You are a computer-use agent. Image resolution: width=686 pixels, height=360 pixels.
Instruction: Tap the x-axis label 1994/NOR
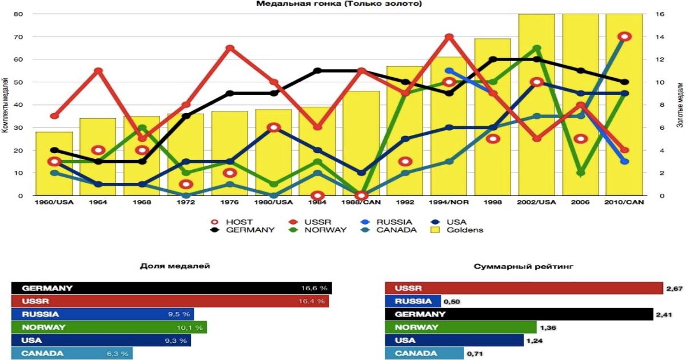449,202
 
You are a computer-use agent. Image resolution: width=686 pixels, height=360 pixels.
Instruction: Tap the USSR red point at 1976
230,48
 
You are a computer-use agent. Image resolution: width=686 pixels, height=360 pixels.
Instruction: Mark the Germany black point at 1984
318,71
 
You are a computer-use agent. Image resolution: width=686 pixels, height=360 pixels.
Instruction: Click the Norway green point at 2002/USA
537,48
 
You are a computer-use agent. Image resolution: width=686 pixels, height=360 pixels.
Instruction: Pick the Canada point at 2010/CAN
625,37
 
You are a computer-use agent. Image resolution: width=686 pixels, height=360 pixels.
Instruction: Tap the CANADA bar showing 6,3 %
72,354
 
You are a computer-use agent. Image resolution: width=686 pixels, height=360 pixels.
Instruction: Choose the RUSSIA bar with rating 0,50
413,301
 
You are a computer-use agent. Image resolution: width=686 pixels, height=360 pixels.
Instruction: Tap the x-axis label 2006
581,202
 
